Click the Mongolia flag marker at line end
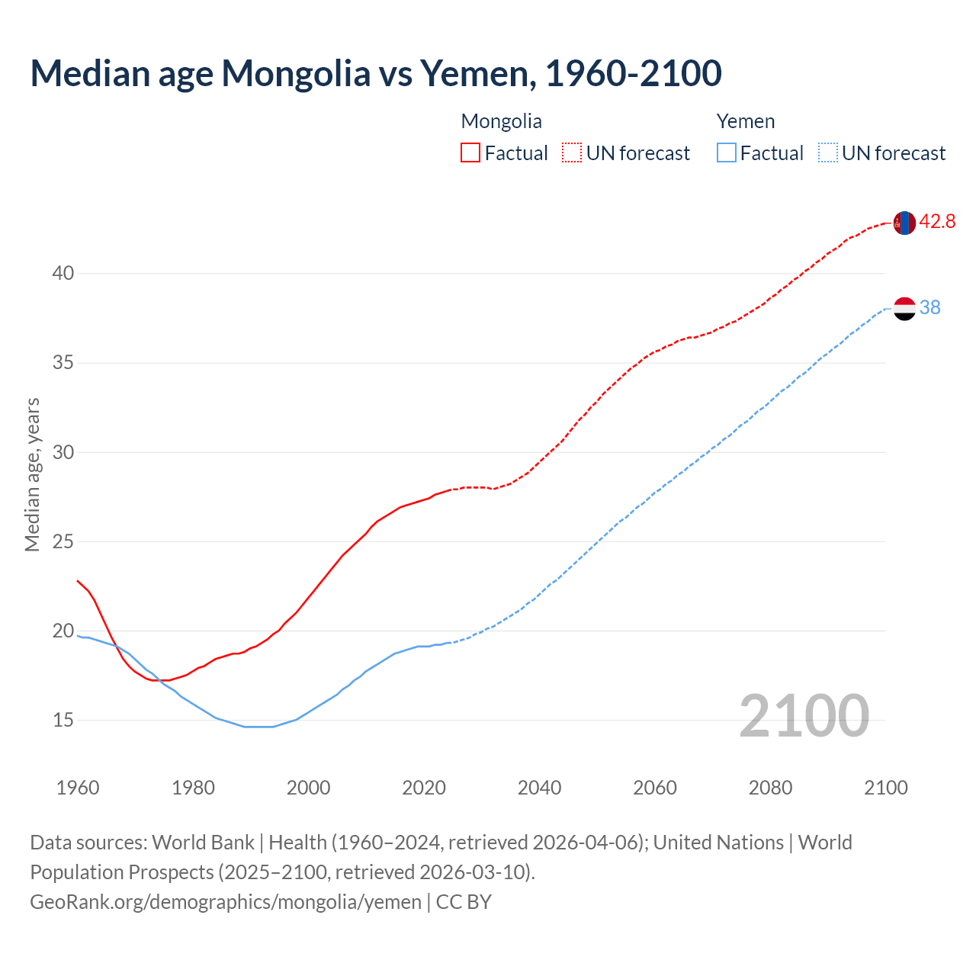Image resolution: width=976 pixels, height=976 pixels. pyautogui.click(x=904, y=223)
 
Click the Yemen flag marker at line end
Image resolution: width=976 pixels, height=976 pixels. pyautogui.click(x=904, y=308)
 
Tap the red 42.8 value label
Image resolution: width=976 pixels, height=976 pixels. pyautogui.click(x=937, y=222)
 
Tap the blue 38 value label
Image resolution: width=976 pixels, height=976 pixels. pyautogui.click(x=929, y=307)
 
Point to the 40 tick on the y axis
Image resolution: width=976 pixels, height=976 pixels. pyautogui.click(x=63, y=273)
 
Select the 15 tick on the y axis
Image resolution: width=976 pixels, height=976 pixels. pyautogui.click(x=63, y=720)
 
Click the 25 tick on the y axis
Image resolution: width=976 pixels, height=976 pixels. pyautogui.click(x=63, y=541)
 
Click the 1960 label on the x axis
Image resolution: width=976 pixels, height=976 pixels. pyautogui.click(x=78, y=788)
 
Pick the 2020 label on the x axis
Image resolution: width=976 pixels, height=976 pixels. pyautogui.click(x=424, y=788)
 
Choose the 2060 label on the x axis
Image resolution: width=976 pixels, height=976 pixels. pyautogui.click(x=655, y=788)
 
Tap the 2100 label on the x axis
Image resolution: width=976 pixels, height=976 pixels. pyautogui.click(x=886, y=788)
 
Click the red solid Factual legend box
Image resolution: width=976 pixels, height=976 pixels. pyautogui.click(x=470, y=153)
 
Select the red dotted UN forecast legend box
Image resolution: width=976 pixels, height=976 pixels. pyautogui.click(x=572, y=153)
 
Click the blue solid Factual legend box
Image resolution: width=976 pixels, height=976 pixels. pyautogui.click(x=727, y=153)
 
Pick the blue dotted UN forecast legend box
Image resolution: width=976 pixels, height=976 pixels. pyautogui.click(x=828, y=153)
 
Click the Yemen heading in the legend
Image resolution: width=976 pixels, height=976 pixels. pyautogui.click(x=745, y=121)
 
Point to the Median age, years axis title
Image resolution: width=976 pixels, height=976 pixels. pyautogui.click(x=32, y=474)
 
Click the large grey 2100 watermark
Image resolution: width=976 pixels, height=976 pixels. pyautogui.click(x=804, y=716)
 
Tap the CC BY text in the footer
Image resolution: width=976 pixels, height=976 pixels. pyautogui.click(x=464, y=902)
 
